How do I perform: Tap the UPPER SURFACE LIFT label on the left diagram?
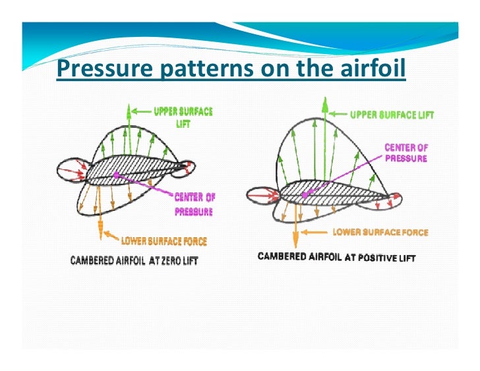pos(183,117)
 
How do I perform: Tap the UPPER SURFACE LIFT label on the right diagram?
pos(391,115)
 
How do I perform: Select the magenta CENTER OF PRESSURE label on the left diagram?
pos(195,204)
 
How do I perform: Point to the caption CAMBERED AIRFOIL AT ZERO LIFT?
pos(134,261)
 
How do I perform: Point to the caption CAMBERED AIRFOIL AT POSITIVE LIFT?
pos(336,257)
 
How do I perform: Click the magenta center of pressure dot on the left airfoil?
pos(116,175)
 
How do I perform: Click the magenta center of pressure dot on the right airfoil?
pos(305,195)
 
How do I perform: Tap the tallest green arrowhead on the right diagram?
pos(324,102)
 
